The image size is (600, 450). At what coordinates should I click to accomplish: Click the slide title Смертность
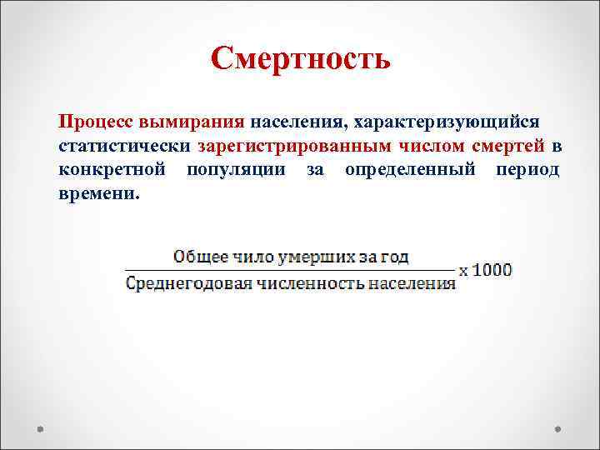(300, 59)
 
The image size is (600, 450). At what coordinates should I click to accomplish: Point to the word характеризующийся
(447, 122)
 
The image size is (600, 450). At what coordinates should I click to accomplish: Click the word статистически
(124, 147)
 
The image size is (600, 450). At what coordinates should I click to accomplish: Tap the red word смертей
(508, 147)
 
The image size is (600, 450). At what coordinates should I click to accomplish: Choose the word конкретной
(112, 171)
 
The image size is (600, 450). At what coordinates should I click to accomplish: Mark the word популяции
(237, 171)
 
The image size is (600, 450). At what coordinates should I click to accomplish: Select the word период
(527, 171)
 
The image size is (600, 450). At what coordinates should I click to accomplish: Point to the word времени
(97, 195)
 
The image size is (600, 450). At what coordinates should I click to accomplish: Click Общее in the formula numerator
(197, 257)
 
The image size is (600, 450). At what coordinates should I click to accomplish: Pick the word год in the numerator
(391, 257)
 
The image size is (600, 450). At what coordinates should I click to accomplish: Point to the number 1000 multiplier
(492, 270)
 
